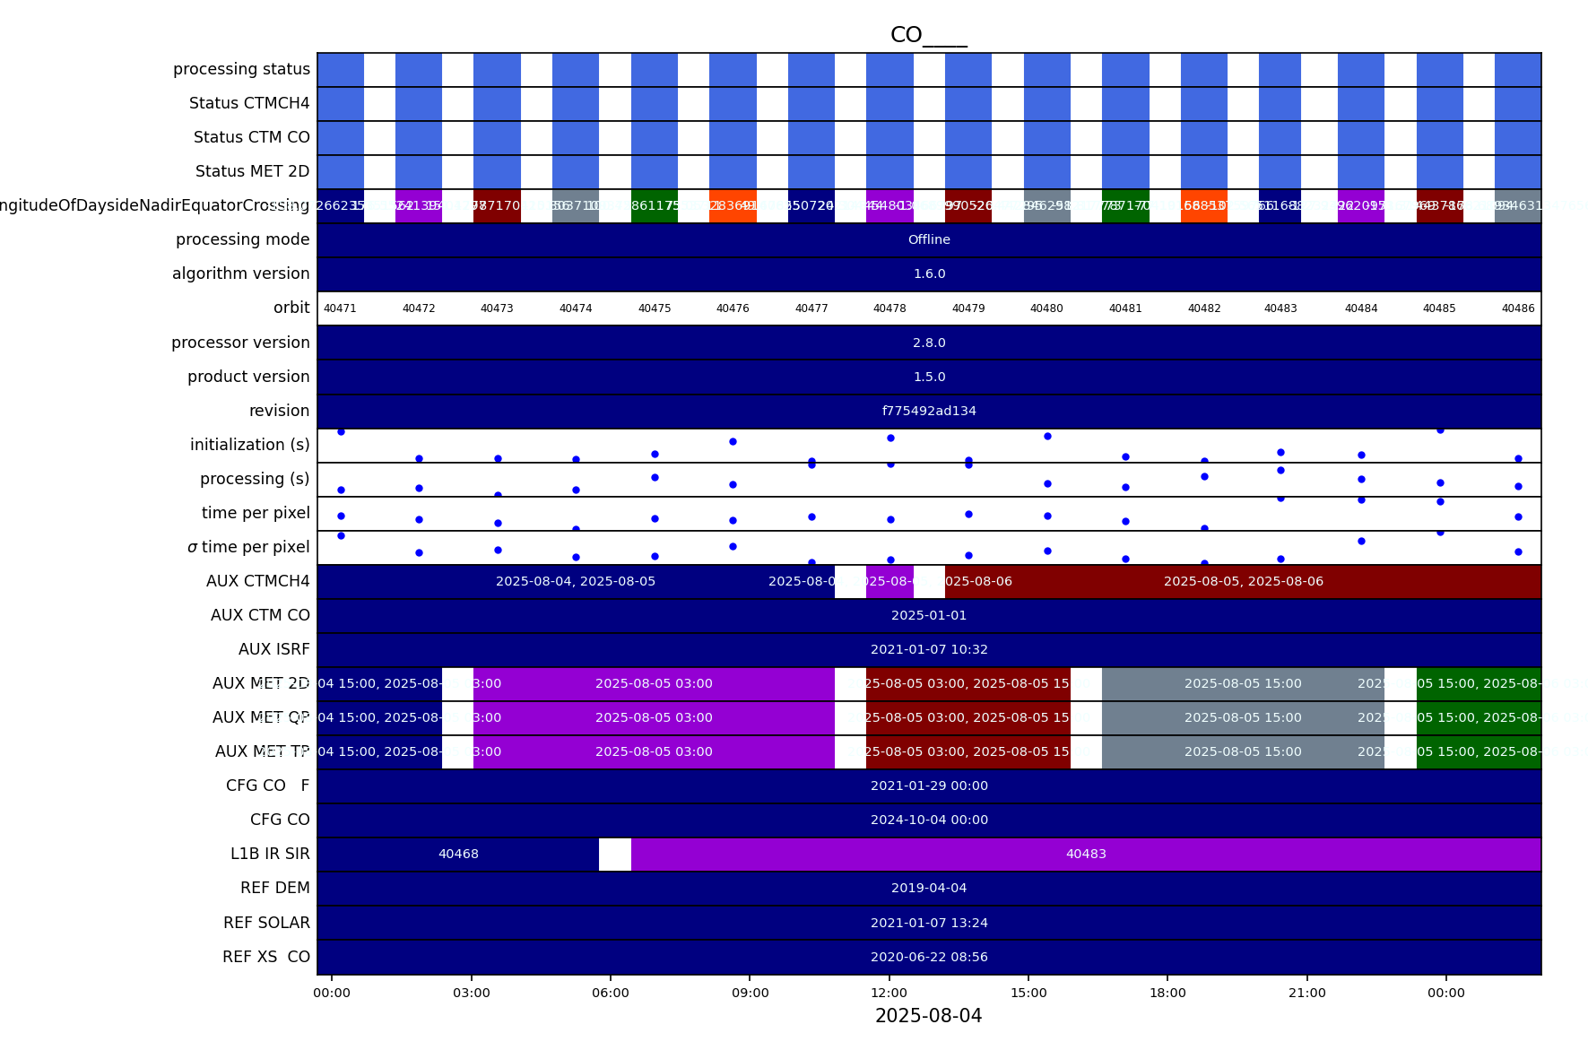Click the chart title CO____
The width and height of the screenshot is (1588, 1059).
tap(928, 35)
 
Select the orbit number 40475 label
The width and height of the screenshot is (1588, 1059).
tap(655, 308)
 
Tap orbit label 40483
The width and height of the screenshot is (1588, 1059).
tap(1280, 308)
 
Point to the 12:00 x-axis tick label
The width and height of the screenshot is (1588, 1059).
tap(889, 993)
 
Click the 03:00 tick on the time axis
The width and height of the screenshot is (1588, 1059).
tap(471, 993)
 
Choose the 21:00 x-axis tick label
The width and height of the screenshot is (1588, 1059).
tap(1306, 993)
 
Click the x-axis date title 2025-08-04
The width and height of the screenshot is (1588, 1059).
tap(928, 1016)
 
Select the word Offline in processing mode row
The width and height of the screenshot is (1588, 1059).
tap(929, 239)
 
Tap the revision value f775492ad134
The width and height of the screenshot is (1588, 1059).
tap(929, 411)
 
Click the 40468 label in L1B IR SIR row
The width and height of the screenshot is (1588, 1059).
tap(458, 854)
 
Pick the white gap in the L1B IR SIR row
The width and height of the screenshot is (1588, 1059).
tap(614, 854)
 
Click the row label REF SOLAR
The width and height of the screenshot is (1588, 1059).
tap(266, 923)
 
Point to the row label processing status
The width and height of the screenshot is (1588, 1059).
tap(241, 69)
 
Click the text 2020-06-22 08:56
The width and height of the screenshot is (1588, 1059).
tap(929, 957)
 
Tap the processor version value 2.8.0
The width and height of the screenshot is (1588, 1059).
tap(929, 343)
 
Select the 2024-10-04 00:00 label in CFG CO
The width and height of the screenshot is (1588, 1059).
tap(929, 820)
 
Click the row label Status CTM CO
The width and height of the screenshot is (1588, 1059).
tap(251, 137)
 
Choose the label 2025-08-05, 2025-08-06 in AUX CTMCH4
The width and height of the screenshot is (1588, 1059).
tap(1243, 581)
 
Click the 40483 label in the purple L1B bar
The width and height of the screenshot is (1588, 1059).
tap(1086, 854)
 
